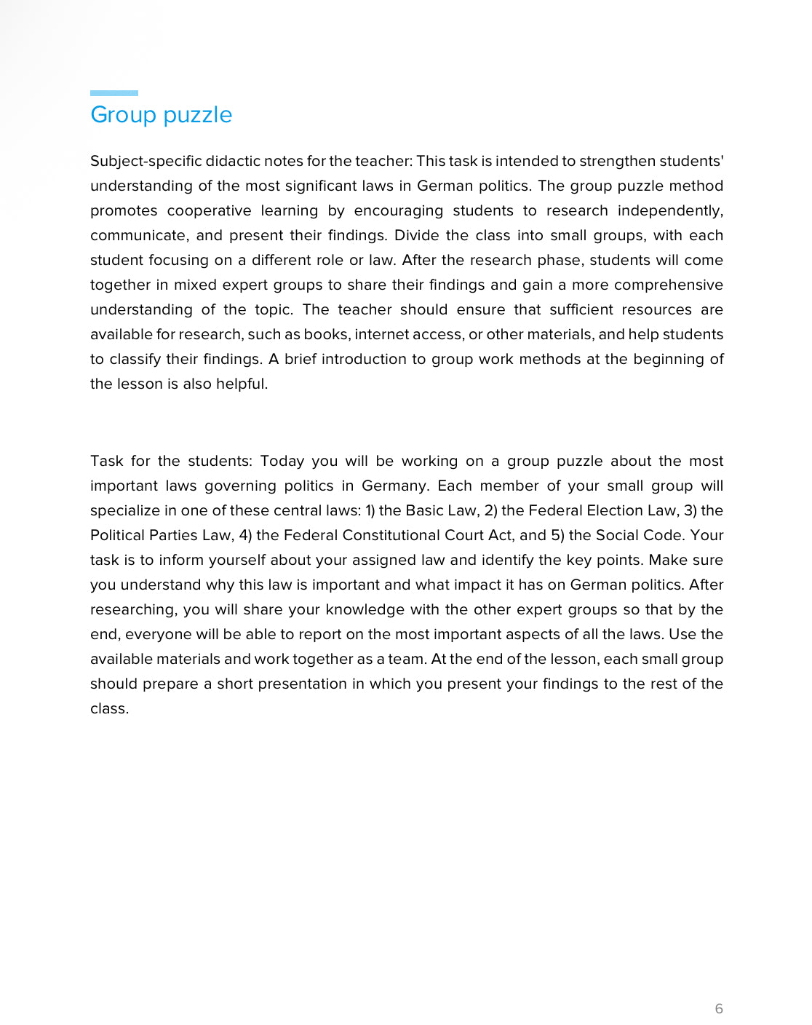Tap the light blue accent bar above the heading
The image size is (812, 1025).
[x=114, y=93]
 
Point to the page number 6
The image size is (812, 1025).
[x=719, y=1008]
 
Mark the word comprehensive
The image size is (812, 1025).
[x=668, y=285]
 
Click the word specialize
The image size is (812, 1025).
[x=124, y=510]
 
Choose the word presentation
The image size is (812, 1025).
[x=302, y=684]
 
